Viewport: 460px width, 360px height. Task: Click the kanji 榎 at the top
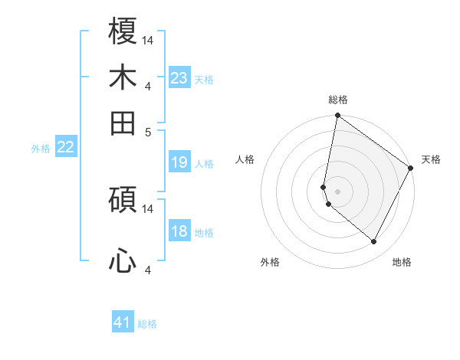[x=123, y=32]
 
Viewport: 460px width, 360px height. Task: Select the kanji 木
[x=123, y=78]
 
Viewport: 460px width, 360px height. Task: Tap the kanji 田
[x=123, y=123]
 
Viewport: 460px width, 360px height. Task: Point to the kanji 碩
[x=123, y=201]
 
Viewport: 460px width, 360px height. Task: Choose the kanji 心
[x=123, y=262]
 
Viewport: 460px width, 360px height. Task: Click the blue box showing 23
[x=179, y=78]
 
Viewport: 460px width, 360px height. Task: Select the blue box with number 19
[x=179, y=162]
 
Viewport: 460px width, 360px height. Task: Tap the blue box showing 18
[x=179, y=231]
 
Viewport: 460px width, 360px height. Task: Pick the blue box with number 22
[x=65, y=147]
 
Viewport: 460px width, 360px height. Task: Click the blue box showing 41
[x=123, y=322]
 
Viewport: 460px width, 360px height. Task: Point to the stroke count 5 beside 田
[x=148, y=131]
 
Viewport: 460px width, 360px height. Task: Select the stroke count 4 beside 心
[x=148, y=270]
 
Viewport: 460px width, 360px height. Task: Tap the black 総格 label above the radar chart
[x=338, y=100]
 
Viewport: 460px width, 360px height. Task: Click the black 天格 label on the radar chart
[x=431, y=159]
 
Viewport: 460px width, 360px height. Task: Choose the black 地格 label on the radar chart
[x=402, y=262]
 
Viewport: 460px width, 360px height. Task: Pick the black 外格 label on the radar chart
[x=270, y=262]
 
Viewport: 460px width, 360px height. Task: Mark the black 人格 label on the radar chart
[x=245, y=159]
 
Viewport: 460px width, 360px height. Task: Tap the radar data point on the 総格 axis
[x=337, y=116]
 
